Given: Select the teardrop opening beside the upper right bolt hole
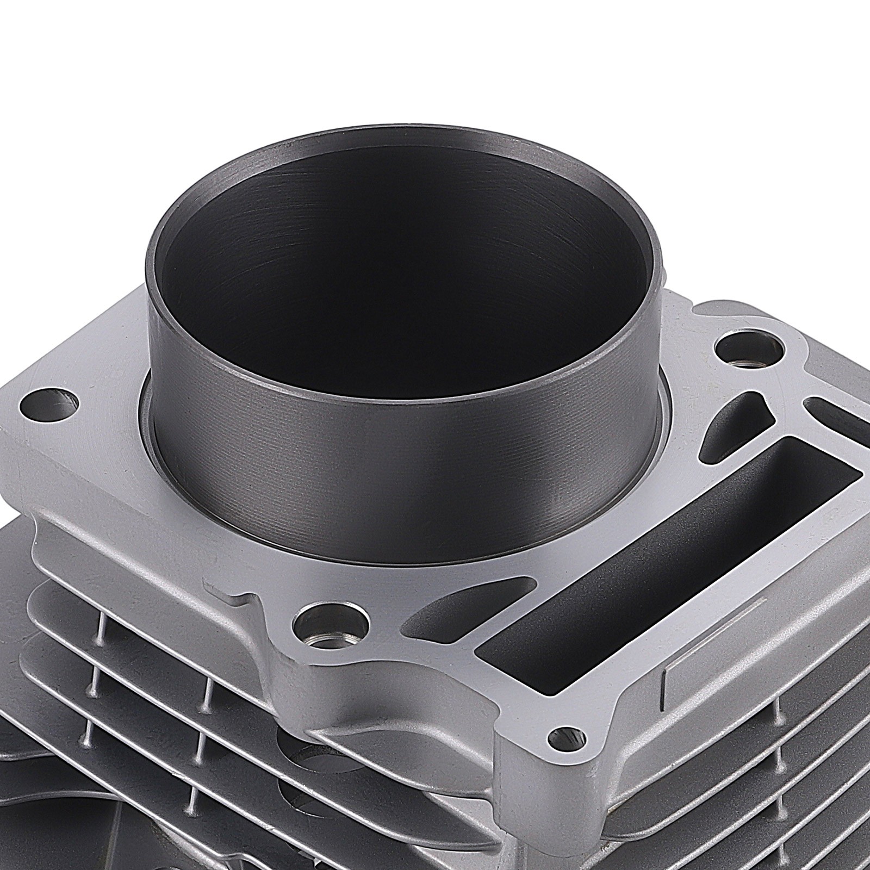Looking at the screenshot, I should (x=723, y=430).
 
